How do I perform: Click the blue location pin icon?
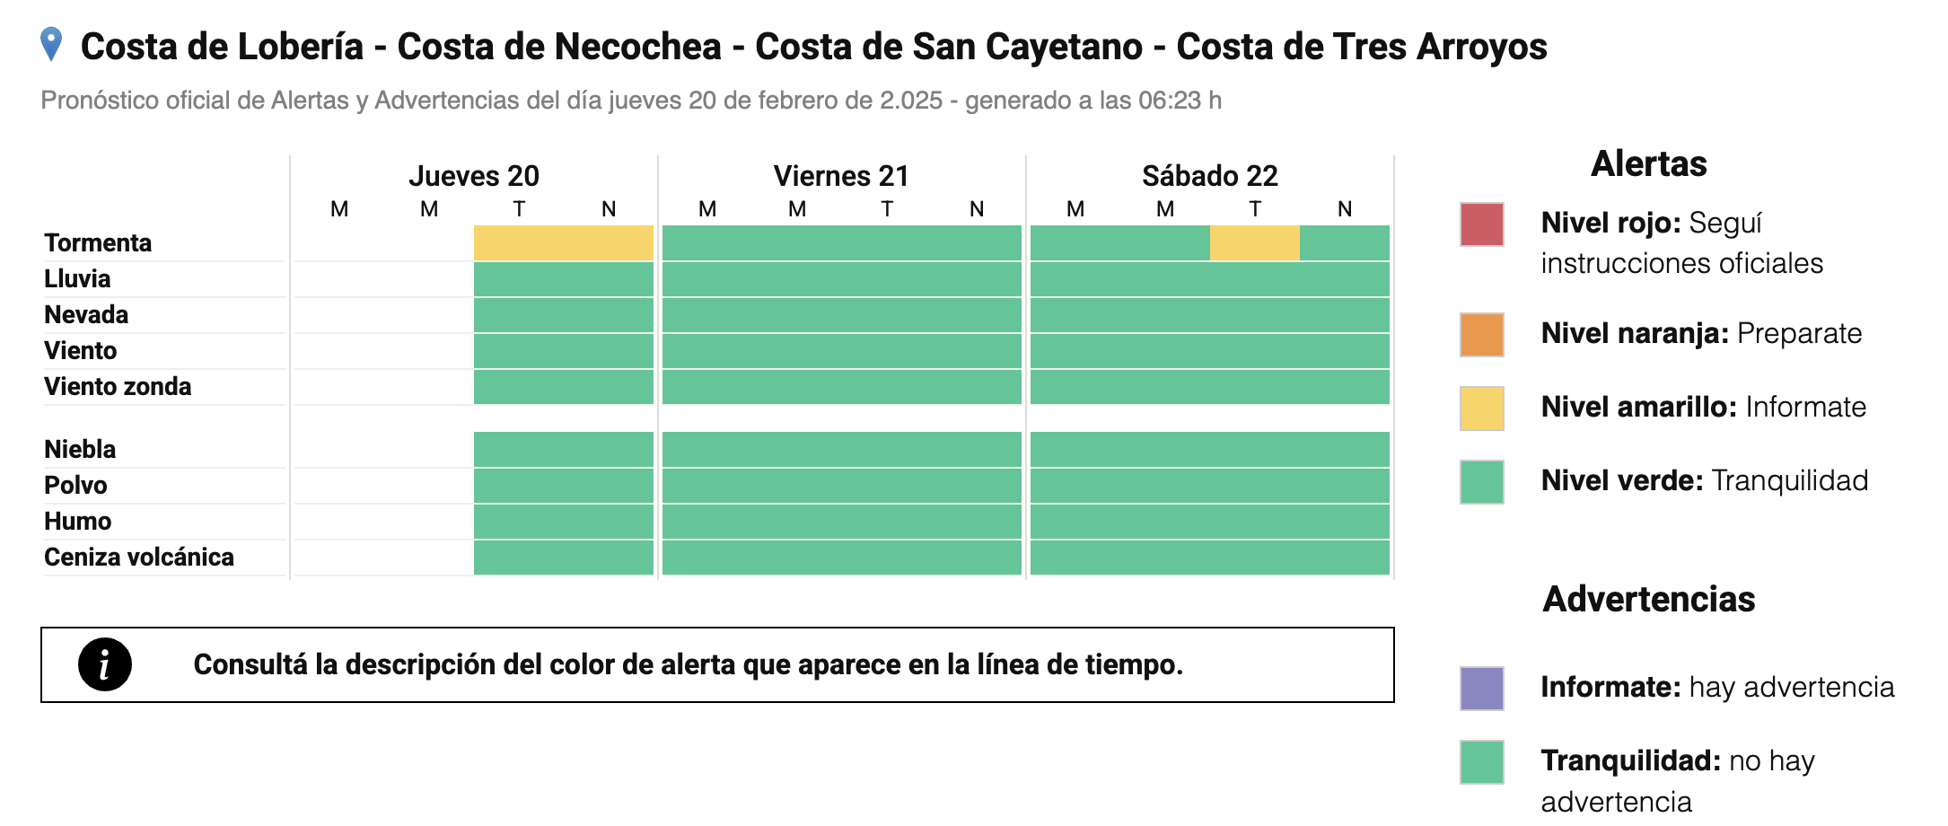coord(52,44)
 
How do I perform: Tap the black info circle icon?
coord(105,664)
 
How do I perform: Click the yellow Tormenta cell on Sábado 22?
coord(1254,243)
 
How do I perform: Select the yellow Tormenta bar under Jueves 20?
coord(563,243)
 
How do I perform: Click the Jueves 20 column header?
coord(474,176)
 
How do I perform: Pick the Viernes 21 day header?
coord(841,176)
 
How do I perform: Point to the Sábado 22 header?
coord(1209,176)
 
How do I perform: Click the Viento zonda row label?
coord(118,387)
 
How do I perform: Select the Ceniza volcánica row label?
coord(139,558)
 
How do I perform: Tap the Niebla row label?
coord(80,450)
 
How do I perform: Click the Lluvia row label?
coord(77,279)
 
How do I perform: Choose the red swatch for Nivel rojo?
coord(1481,224)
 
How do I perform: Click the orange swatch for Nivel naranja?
coord(1481,335)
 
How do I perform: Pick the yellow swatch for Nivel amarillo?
coord(1481,409)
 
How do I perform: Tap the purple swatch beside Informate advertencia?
coord(1481,689)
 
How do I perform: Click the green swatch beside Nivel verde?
coord(1481,482)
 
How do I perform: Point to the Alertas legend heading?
coord(1648,164)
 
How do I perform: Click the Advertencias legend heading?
coord(1648,599)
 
